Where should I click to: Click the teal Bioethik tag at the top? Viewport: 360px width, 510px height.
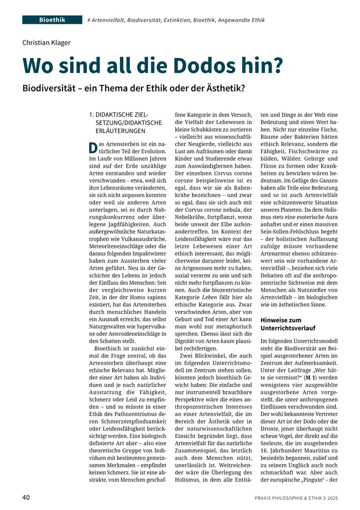pyautogui.click(x=52, y=20)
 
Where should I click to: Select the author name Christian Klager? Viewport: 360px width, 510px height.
pyautogui.click(x=46, y=43)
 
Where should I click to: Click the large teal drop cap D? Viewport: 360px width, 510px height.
pyautogui.click(x=92, y=148)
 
